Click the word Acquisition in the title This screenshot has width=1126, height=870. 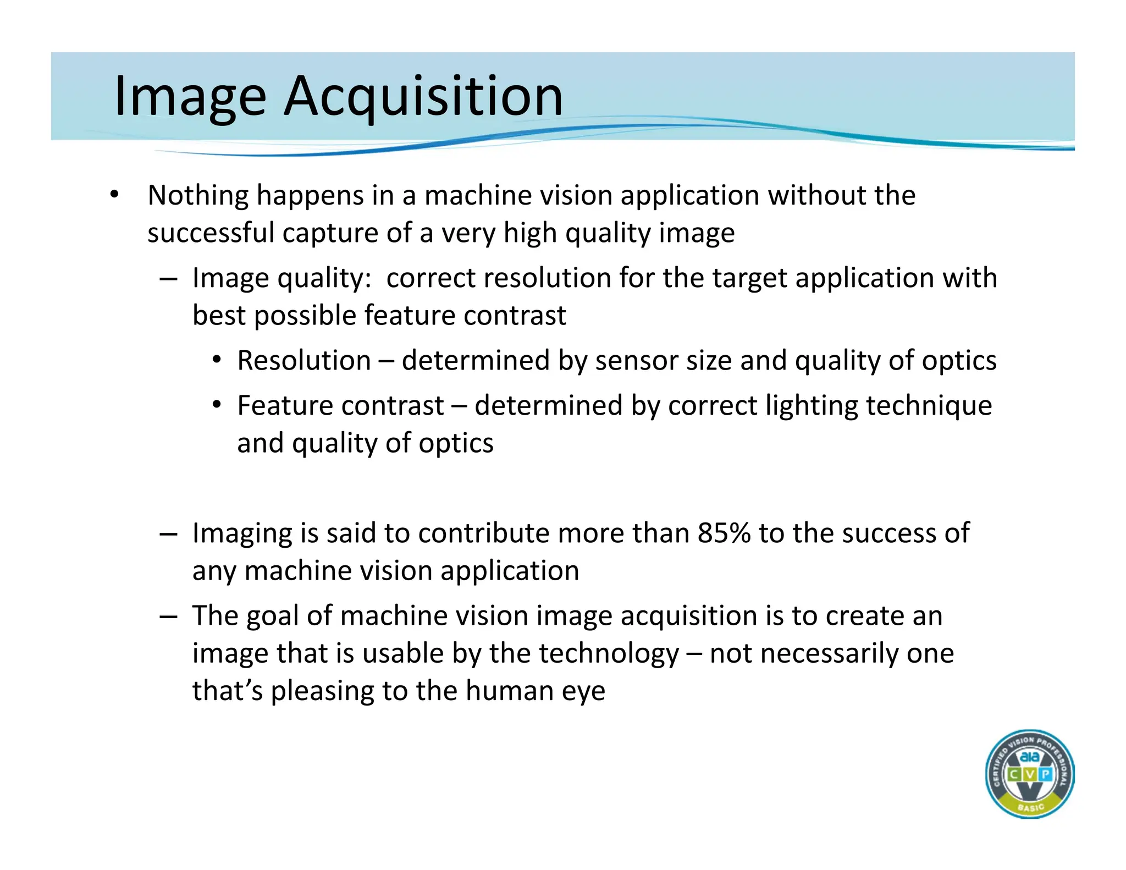[x=423, y=96]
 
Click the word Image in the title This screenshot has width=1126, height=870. [x=190, y=96]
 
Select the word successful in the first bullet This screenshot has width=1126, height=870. [x=211, y=233]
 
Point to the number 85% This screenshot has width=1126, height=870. [x=724, y=533]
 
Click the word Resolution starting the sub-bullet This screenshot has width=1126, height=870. [x=304, y=361]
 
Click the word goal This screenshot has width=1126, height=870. [x=272, y=616]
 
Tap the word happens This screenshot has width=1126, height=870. [x=310, y=196]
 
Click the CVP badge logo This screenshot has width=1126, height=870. [x=1030, y=774]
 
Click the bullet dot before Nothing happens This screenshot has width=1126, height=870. [x=114, y=195]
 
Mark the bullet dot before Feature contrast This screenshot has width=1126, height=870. [x=217, y=405]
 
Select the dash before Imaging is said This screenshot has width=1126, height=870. [x=168, y=533]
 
